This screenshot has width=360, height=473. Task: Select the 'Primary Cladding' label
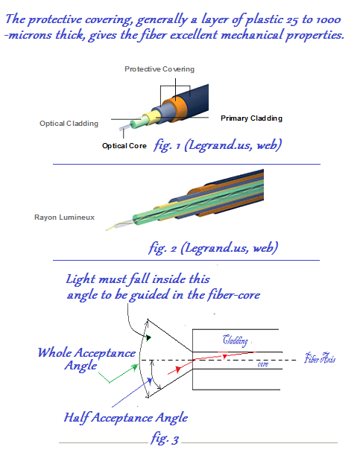pyautogui.click(x=251, y=118)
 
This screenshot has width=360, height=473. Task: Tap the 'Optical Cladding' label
pyautogui.click(x=67, y=124)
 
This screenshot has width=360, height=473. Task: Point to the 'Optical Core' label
pyautogui.click(x=124, y=146)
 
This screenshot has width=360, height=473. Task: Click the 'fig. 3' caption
pyautogui.click(x=164, y=439)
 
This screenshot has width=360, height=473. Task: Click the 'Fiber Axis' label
pyautogui.click(x=321, y=359)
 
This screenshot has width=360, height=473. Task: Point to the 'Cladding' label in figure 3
pyautogui.click(x=237, y=340)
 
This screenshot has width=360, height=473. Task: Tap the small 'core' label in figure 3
pyautogui.click(x=262, y=365)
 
